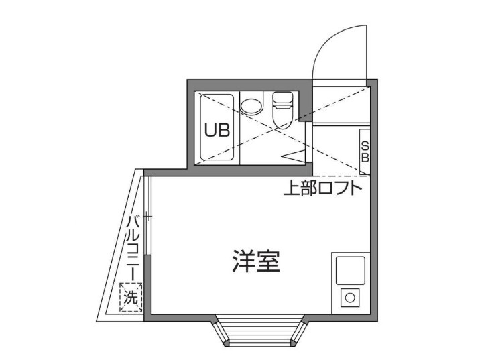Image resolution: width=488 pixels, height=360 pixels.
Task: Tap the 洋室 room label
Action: (255, 261)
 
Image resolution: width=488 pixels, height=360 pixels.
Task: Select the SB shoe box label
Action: (365, 152)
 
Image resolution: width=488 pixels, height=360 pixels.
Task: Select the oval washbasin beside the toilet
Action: (252, 106)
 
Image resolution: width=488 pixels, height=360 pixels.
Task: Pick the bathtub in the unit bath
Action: (217, 129)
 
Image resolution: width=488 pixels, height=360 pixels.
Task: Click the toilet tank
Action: (282, 101)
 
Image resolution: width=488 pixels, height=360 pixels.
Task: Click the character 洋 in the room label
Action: (243, 261)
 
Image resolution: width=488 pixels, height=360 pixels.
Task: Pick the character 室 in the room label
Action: (267, 261)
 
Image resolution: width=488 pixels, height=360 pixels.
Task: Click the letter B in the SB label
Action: (365, 158)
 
